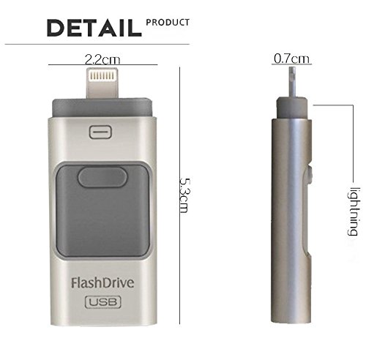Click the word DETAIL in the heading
tap(94, 28)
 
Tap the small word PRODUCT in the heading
tap(168, 23)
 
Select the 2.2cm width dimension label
tap(102, 59)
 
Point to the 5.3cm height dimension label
tap(184, 195)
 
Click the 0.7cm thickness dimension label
tap(291, 59)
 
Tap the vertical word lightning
tap(353, 211)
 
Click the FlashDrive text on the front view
tap(102, 283)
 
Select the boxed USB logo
tap(102, 302)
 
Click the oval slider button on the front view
tap(102, 177)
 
